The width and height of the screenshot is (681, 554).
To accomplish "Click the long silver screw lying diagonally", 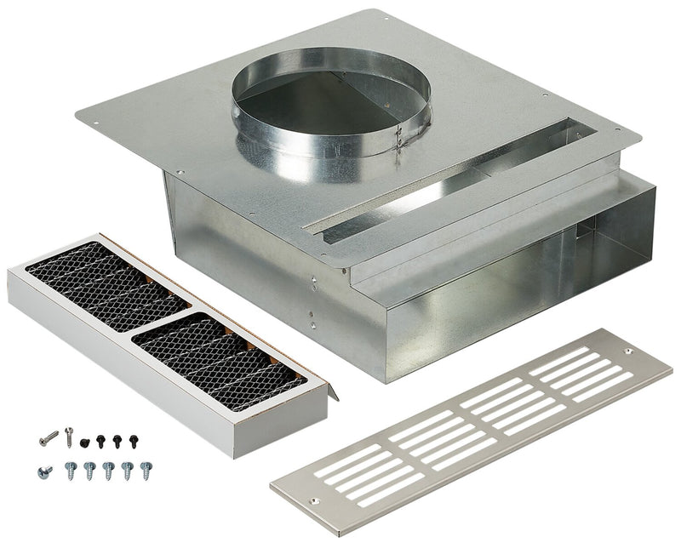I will [x=49, y=438].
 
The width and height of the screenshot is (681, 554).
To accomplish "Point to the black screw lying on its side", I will [x=85, y=443].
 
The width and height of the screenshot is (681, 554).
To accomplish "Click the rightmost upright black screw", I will [x=133, y=441].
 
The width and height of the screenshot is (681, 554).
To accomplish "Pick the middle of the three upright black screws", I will [x=117, y=441].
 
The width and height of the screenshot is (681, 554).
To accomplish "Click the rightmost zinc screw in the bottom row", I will [x=146, y=470].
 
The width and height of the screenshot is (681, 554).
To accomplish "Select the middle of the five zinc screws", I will [x=108, y=470].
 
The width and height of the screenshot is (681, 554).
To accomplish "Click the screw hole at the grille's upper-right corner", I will [x=628, y=351].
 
